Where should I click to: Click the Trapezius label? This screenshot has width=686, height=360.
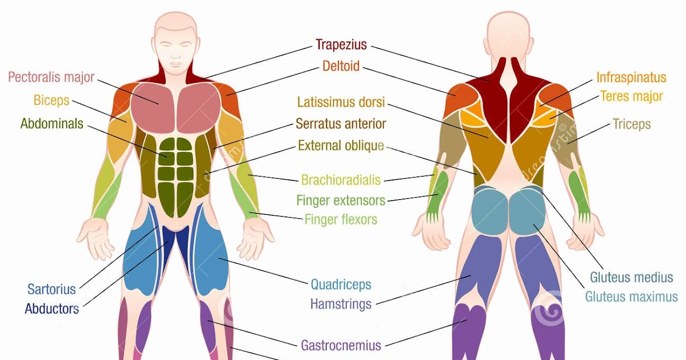point(341,45)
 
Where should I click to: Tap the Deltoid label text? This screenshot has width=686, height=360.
point(341,66)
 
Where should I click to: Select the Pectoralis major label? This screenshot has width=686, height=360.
point(51,77)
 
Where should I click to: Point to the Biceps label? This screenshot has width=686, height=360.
point(51,101)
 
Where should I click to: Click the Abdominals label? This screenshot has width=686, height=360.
point(51,123)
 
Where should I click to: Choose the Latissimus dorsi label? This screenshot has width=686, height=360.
point(341,102)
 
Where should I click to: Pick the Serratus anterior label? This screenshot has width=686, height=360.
point(341,123)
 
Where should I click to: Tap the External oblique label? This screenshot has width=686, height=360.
point(341,146)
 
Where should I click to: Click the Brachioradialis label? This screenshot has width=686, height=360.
point(341,181)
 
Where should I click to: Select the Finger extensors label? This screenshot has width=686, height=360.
point(341,201)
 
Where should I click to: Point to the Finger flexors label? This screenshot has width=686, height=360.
point(341,219)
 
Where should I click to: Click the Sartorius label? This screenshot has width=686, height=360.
point(51,289)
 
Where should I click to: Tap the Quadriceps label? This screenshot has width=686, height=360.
point(341,284)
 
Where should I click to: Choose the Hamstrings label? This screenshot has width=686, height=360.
point(341,303)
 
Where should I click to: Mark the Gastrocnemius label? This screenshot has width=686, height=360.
point(341,345)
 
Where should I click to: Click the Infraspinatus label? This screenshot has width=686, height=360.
point(631,77)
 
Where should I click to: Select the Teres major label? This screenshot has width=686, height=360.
point(631,96)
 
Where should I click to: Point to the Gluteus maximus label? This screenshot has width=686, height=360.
point(631,297)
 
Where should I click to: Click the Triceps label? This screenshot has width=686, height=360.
point(631,124)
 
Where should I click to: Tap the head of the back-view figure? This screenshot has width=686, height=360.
point(505,34)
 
